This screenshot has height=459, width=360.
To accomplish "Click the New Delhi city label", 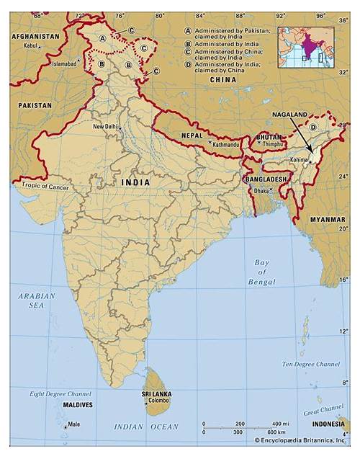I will pos(104,127).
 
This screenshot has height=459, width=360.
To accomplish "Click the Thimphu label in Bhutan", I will pos(273,144).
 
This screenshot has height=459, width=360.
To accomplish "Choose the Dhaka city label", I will pos(260,190).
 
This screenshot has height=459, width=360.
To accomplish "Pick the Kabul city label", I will pos(30,46).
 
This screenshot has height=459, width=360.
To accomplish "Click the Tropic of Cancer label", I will pos(45,186).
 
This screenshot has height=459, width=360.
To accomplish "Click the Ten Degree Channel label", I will pos(310,365).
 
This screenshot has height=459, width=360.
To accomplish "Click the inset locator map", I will pos(305,47).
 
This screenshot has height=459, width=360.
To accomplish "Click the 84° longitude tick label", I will pos(199,15).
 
